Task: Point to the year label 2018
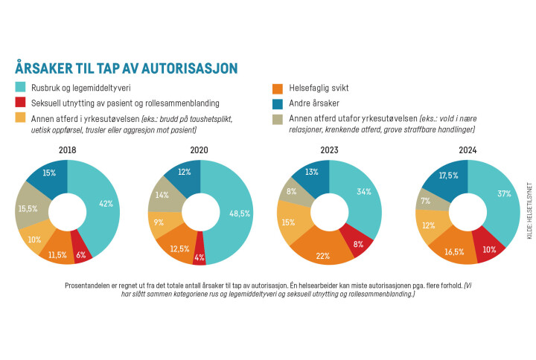point(68,149)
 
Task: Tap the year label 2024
point(467,149)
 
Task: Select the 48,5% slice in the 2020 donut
point(236,213)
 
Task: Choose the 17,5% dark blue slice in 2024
point(447,176)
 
